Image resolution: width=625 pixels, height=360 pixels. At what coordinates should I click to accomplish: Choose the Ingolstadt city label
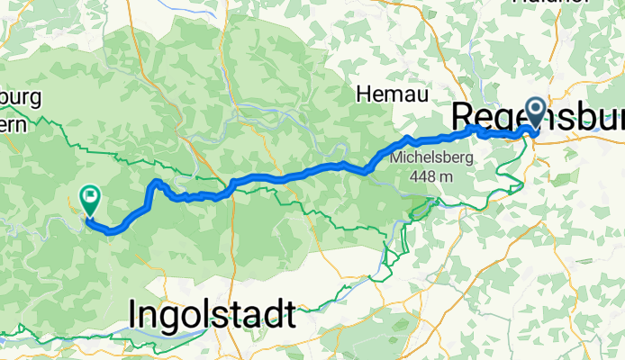pos(212,315)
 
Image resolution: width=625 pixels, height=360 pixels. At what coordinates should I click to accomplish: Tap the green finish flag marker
pos(91,197)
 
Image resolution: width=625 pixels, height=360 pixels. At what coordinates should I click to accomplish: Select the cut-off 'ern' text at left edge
pos(13,122)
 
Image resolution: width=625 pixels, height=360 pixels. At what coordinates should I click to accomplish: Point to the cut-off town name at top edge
pos(540,3)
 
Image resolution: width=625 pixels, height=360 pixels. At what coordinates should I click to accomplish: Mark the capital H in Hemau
pos(365,93)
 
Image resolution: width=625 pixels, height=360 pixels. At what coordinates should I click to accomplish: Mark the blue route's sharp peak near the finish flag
pos(157,182)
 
